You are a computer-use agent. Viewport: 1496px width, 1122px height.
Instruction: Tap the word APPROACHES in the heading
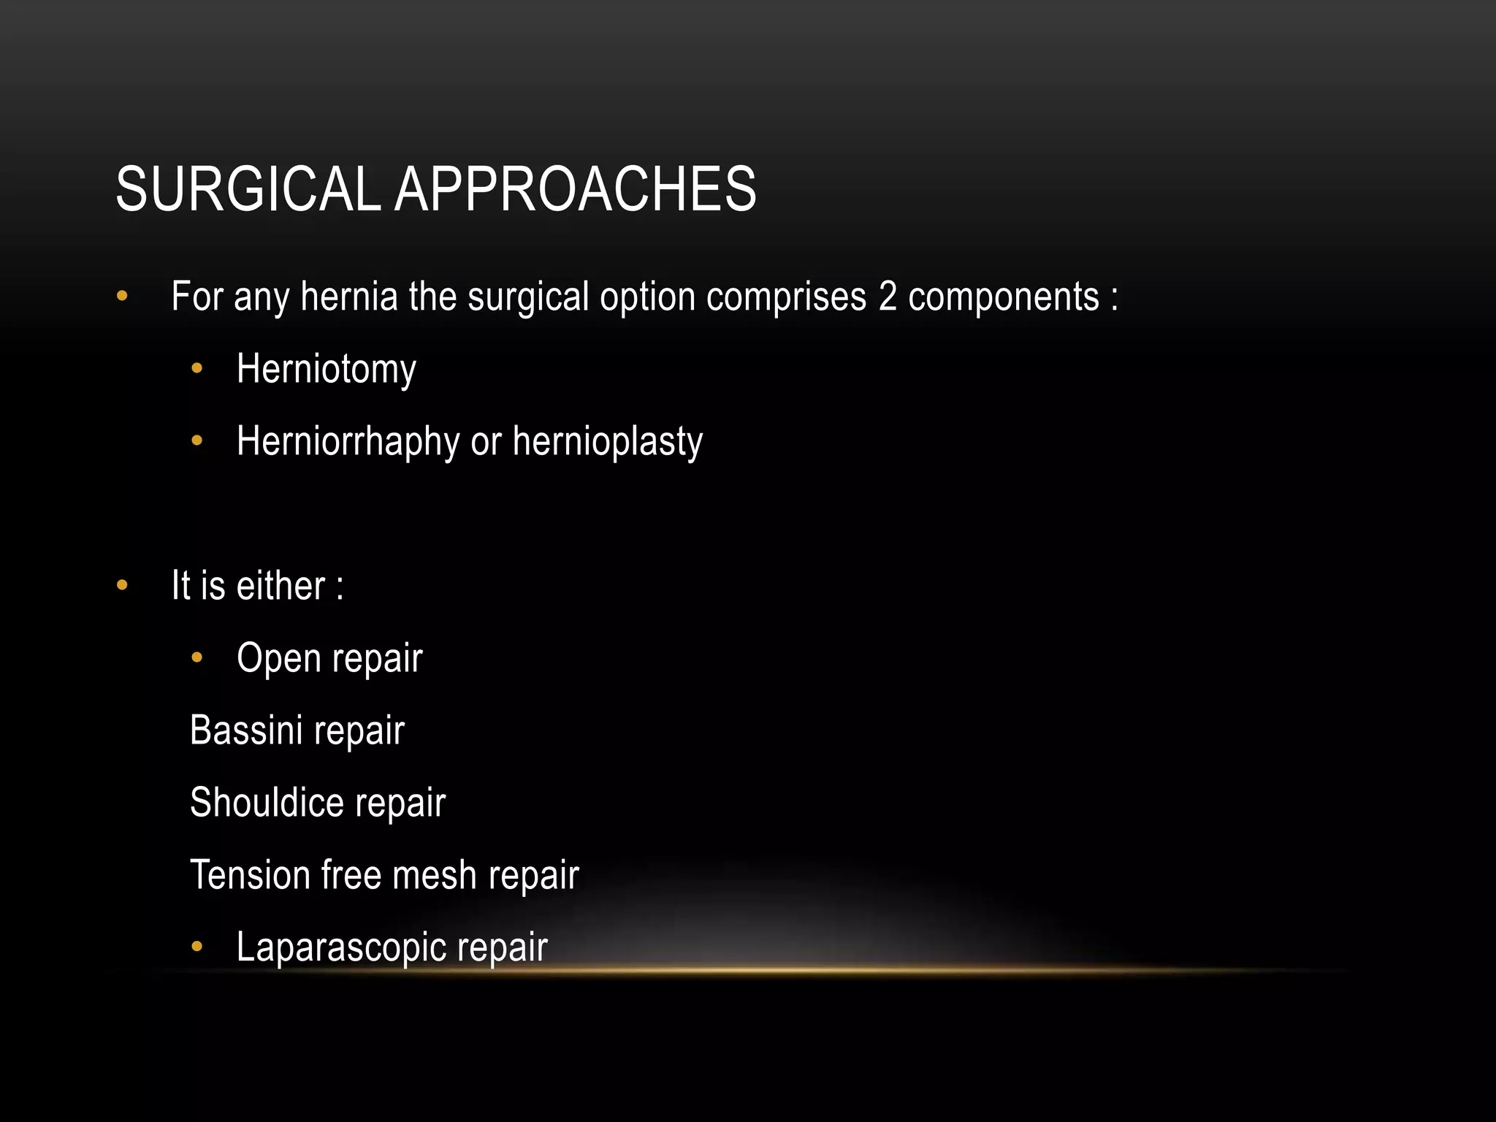click(x=576, y=190)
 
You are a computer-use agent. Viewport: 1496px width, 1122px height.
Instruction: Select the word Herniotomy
click(x=327, y=370)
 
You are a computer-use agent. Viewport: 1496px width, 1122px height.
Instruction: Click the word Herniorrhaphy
click(x=348, y=442)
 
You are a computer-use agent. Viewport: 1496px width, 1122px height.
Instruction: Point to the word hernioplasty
click(x=608, y=442)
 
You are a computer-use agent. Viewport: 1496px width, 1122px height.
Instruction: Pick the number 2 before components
click(x=888, y=297)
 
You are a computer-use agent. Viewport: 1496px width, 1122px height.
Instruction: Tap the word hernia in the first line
click(x=349, y=297)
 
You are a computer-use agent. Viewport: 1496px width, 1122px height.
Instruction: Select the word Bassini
click(x=246, y=730)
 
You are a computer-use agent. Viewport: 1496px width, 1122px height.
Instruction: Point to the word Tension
click(x=250, y=875)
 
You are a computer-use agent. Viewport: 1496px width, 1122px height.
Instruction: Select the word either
click(x=281, y=586)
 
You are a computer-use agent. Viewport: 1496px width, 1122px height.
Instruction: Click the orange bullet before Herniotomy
click(x=196, y=370)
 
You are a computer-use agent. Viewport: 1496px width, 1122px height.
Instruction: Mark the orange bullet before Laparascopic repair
click(x=196, y=947)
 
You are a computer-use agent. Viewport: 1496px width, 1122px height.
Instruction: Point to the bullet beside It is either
click(x=122, y=586)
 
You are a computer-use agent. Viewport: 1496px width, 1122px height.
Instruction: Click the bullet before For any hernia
click(x=122, y=297)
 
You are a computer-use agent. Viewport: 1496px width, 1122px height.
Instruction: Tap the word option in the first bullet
click(x=648, y=297)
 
